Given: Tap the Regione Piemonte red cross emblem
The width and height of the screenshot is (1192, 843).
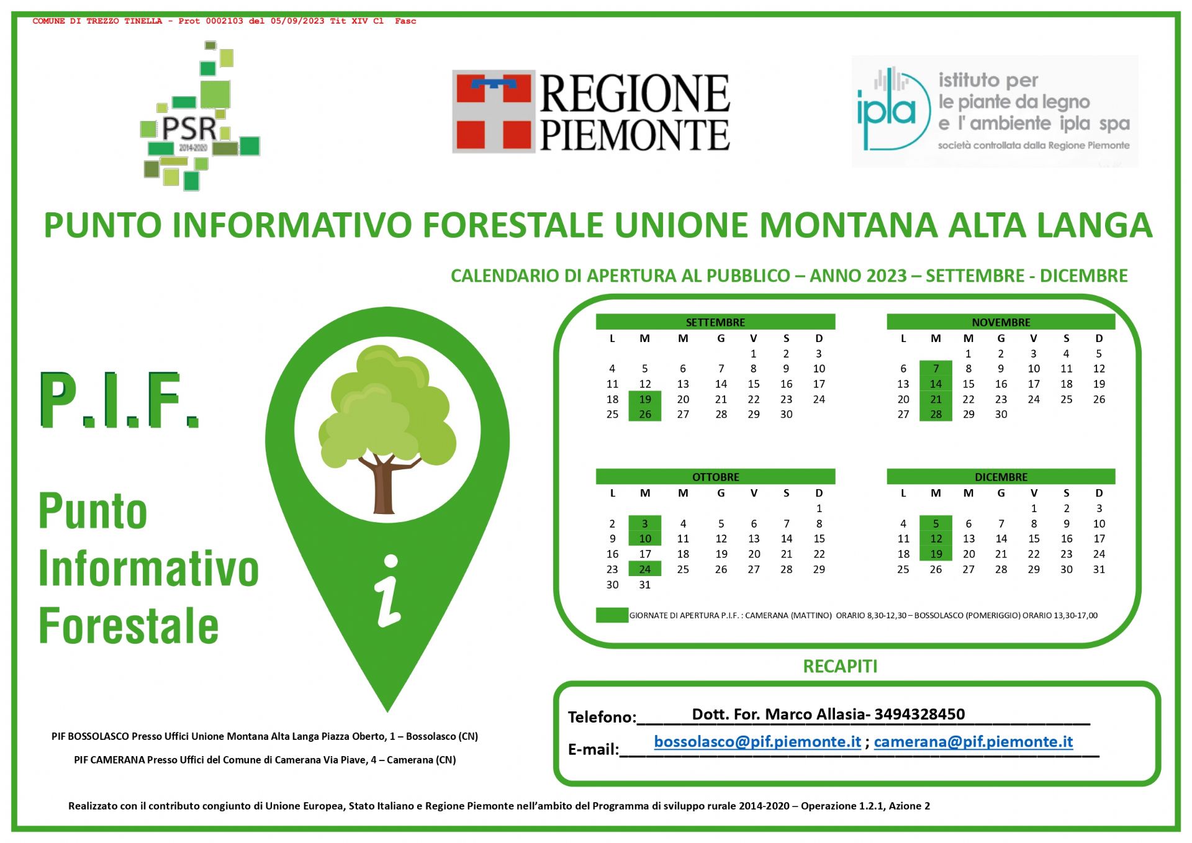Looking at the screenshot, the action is [x=494, y=111].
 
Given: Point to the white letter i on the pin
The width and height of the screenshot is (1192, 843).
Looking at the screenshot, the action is [x=389, y=590].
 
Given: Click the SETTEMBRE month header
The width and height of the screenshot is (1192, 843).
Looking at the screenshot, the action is [x=715, y=322].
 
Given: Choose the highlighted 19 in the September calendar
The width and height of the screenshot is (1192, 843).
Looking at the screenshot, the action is [x=645, y=399].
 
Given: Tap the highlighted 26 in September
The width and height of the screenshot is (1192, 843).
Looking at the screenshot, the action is [x=645, y=414].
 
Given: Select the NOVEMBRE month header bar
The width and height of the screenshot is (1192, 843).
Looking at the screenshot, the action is [x=1001, y=322].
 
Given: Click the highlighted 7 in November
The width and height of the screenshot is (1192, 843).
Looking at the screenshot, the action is [x=936, y=368].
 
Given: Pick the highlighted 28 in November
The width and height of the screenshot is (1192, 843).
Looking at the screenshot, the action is [x=936, y=414].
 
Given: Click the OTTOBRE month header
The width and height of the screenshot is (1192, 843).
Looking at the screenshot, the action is [x=715, y=476].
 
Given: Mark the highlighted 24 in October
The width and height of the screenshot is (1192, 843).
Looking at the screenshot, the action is [x=645, y=569].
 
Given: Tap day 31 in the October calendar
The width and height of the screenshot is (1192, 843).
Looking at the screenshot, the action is [x=645, y=584].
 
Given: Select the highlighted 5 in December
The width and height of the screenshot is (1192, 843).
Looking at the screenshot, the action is [x=936, y=523].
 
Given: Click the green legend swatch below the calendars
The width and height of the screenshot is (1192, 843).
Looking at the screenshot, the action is [x=612, y=615].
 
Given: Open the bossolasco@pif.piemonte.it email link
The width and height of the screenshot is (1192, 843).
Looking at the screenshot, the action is [x=757, y=742].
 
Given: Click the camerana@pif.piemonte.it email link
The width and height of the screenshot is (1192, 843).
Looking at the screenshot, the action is [x=973, y=742].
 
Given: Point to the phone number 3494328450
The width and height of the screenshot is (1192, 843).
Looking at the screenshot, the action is [x=919, y=714].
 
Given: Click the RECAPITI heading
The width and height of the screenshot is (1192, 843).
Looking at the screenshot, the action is [x=840, y=666].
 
